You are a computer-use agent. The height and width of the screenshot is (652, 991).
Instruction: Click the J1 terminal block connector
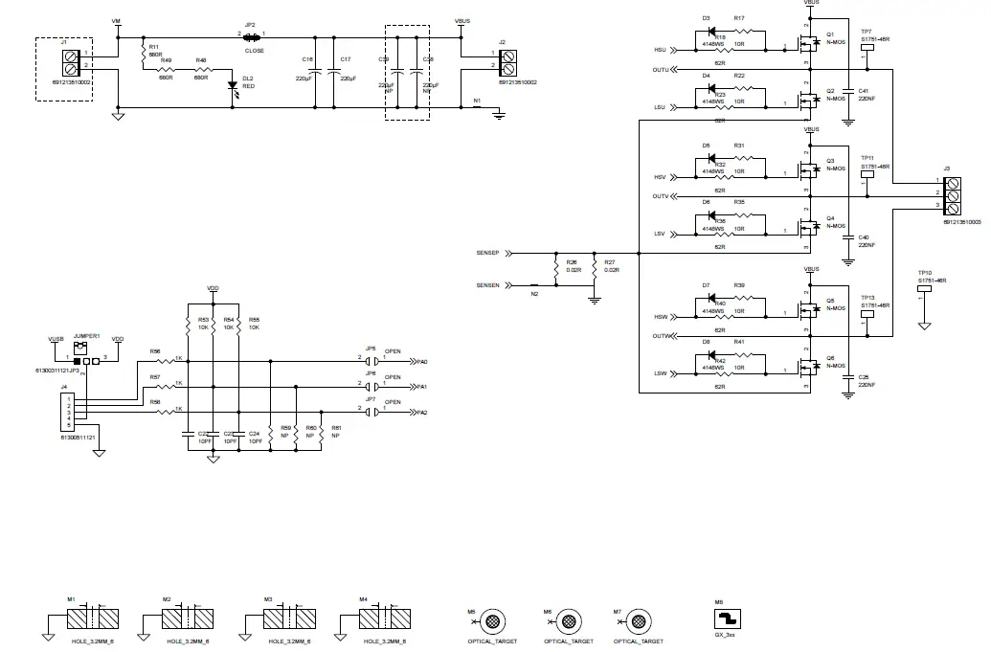pos(70,59)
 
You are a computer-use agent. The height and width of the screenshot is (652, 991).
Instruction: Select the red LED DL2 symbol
pos(233,87)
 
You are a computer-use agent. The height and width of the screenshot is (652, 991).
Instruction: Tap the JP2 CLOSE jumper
pos(252,35)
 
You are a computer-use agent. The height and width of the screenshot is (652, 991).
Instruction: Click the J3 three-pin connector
pos(954,193)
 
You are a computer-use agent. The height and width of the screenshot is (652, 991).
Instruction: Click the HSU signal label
pos(660,49)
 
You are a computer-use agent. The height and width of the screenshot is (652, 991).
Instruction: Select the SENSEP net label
pos(487,254)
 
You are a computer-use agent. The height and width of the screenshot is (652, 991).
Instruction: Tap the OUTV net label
pos(661,196)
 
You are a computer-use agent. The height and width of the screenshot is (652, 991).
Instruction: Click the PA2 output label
pos(420,412)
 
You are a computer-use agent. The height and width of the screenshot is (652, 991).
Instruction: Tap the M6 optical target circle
pos(568,621)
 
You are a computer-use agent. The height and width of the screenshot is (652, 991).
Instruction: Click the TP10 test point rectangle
pos(925,290)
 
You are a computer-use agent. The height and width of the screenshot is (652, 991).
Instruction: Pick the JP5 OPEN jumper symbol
pos(372,361)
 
